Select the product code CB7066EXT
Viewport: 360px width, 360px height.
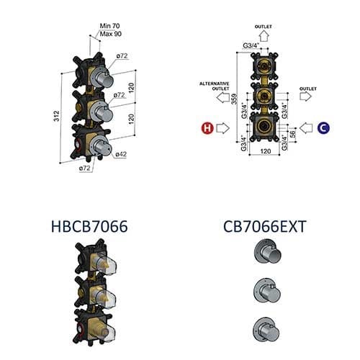265,227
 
